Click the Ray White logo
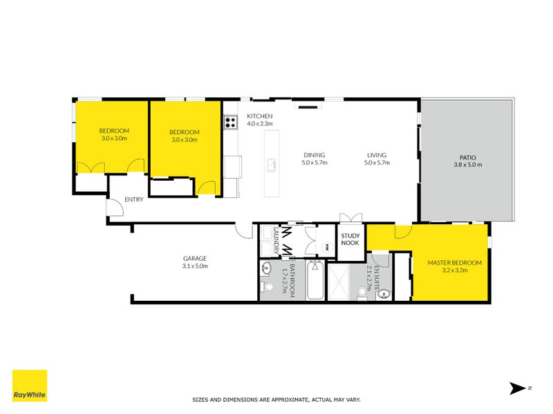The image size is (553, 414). (x=30, y=386)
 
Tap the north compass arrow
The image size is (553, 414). (x=517, y=388)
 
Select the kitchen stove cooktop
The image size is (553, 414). (x=231, y=122)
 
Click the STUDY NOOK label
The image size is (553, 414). (x=350, y=239)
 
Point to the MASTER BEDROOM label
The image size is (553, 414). (x=455, y=263)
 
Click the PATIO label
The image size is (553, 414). (x=468, y=158)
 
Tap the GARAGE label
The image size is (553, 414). (x=195, y=258)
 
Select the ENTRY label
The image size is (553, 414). (x=134, y=199)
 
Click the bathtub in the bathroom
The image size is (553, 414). (x=315, y=280)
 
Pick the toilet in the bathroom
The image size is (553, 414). (x=268, y=287)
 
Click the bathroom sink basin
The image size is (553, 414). (x=266, y=269)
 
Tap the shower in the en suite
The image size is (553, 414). (x=339, y=282)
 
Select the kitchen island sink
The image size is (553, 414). (x=272, y=165)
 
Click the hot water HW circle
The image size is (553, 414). (x=328, y=246)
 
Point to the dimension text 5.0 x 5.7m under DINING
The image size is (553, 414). (x=315, y=163)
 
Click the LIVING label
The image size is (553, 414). (x=377, y=155)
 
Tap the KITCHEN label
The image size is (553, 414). (x=260, y=116)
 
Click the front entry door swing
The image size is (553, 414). (x=115, y=208)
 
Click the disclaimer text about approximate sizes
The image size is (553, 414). (x=276, y=400)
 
